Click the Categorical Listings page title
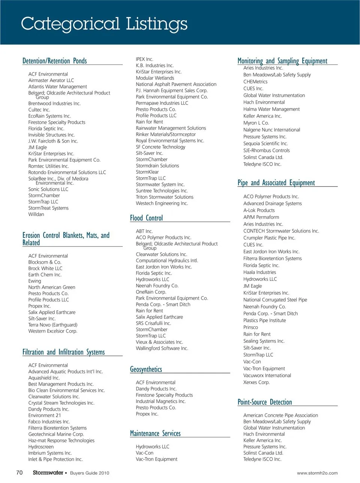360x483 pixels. pos(104,24)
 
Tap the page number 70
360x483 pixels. pos(19,473)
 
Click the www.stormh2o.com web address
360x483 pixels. pos(317,473)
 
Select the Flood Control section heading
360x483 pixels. pos(146,218)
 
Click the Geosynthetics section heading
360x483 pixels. pos(146,369)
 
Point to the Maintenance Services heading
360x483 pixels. pos(155,434)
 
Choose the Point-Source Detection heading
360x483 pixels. pos(264,402)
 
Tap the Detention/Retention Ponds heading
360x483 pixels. pos(54,61)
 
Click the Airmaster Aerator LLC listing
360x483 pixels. pos(51,80)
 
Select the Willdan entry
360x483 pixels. pos(36,214)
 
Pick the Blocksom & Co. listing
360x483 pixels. pos(45,262)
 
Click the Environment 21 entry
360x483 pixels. pos(45,415)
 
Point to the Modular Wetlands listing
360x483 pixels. pos(155,78)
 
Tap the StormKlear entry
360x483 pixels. pos(147,172)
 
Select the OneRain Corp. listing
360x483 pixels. pos(151,292)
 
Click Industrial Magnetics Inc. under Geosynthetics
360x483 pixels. pos(160,401)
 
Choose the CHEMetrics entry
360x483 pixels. pos(255,82)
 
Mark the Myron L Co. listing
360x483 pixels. pos(256,123)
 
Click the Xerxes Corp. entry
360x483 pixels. pos(256,382)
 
